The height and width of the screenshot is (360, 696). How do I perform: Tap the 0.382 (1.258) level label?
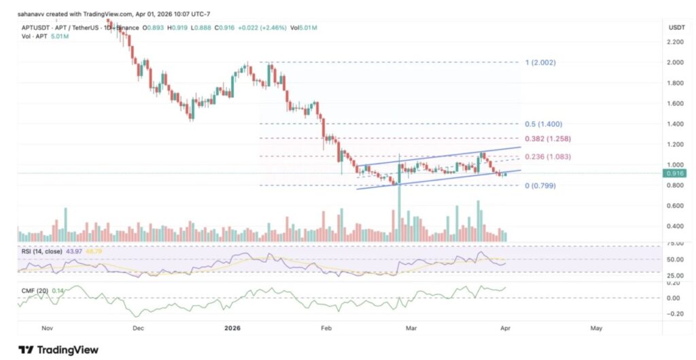pyautogui.click(x=548, y=139)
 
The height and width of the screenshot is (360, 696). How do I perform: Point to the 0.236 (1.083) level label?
pyautogui.click(x=548, y=157)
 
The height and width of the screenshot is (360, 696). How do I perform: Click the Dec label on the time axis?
pyautogui.click(x=138, y=327)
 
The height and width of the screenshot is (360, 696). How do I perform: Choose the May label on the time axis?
pyautogui.click(x=596, y=327)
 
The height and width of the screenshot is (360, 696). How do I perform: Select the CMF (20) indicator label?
pyautogui.click(x=34, y=290)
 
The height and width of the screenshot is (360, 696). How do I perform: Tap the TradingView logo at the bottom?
pyautogui.click(x=58, y=349)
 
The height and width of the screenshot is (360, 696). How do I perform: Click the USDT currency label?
pyautogui.click(x=676, y=27)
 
